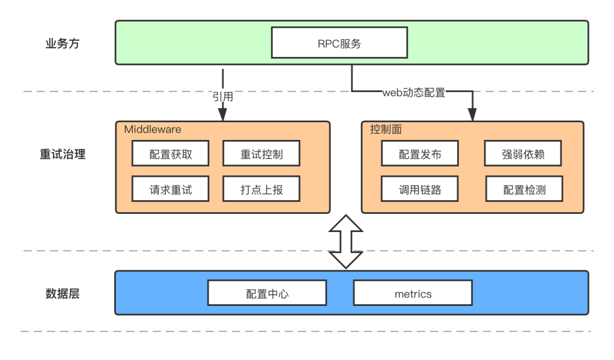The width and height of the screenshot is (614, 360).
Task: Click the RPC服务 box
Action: [x=339, y=44]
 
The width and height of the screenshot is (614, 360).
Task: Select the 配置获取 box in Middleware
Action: [x=171, y=154]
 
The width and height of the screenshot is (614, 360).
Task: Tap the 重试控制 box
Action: [x=261, y=154]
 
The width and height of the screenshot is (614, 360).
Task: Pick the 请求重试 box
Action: [x=171, y=189]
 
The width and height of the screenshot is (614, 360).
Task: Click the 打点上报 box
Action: [x=261, y=189]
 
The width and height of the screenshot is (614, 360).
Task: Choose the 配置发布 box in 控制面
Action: [x=420, y=154]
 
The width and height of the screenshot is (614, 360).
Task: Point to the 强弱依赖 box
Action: [x=524, y=154]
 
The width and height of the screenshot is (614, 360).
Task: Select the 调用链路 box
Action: [x=420, y=189]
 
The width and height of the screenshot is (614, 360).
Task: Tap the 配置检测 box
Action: [x=524, y=189]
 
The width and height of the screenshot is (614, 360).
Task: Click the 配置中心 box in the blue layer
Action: [x=267, y=293]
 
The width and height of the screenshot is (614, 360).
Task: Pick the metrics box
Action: [x=413, y=293]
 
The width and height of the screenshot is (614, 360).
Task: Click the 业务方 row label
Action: [x=63, y=44]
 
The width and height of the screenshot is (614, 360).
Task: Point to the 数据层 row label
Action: [x=63, y=293]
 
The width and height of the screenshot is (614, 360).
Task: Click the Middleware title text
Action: [x=152, y=130]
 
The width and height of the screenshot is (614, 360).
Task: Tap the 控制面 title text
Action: [x=385, y=130]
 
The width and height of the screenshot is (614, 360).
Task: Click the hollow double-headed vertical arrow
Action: [x=346, y=241]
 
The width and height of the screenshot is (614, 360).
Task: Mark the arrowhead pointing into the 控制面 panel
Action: [x=471, y=115]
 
